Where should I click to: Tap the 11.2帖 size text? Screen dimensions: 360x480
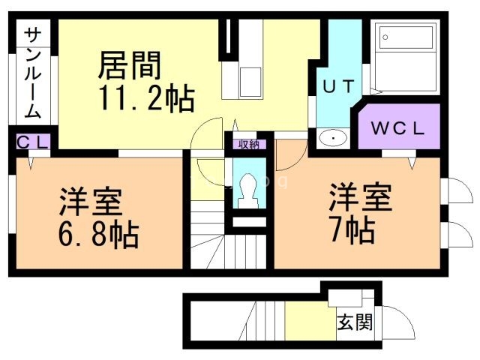click(145, 97)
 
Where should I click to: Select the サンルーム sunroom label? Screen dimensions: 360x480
click(32, 72)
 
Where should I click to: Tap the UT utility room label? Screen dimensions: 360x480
click(337, 87)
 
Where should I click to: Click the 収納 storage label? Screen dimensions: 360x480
click(247, 145)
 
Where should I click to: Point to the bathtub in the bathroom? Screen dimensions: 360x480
click(406, 57)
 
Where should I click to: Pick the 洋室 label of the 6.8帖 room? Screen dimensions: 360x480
click(91, 201)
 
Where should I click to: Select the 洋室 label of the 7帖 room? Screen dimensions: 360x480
click(359, 198)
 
